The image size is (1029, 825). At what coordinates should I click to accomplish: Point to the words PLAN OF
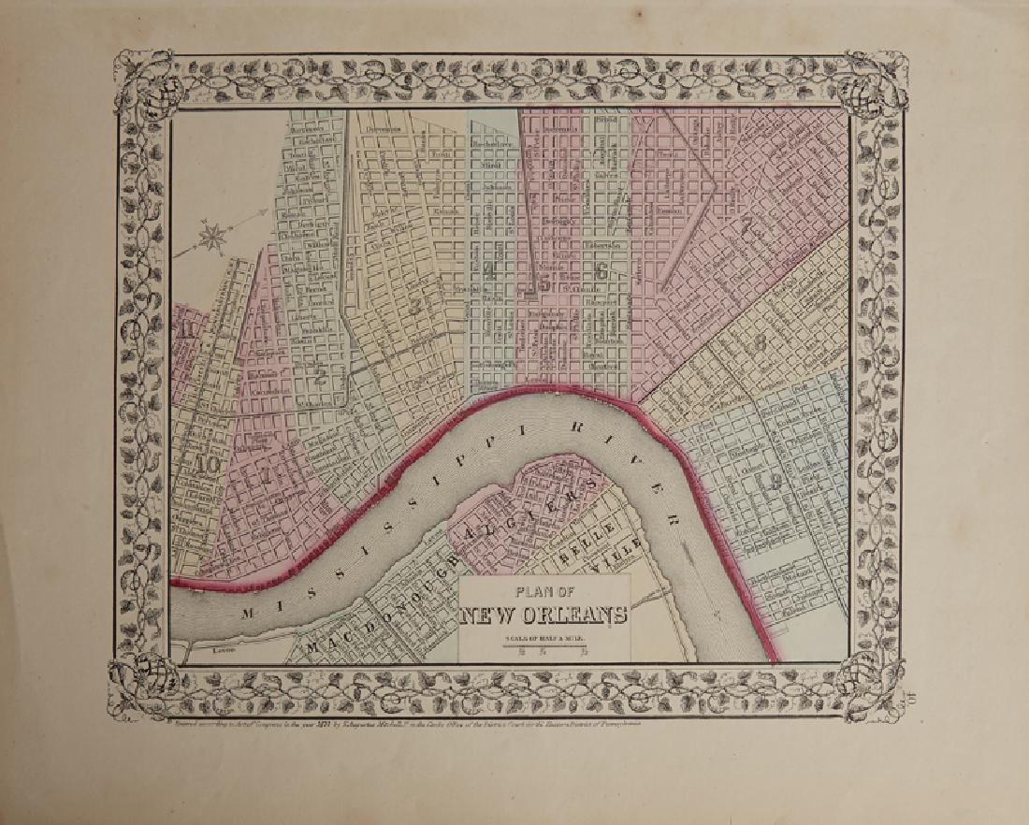click(543, 592)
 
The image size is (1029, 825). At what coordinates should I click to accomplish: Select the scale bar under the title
click(543, 644)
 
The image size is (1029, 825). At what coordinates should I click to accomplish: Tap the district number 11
click(188, 328)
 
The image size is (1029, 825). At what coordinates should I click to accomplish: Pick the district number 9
click(775, 483)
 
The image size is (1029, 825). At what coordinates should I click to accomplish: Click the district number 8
click(760, 342)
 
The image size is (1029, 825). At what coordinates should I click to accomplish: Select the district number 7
click(746, 224)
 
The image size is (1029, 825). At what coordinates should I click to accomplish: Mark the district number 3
click(413, 305)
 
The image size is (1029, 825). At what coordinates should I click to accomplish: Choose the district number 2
click(320, 378)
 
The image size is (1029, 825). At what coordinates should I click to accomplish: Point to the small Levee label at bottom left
click(222, 648)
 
